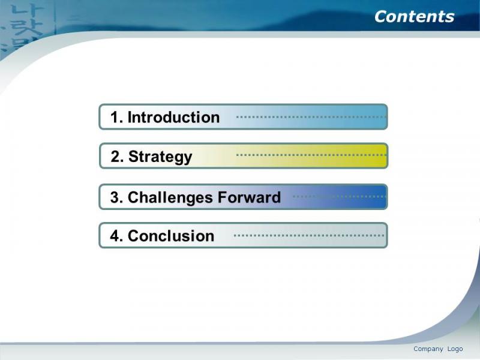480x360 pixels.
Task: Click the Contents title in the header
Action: [x=414, y=17]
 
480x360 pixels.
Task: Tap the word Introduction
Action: [x=173, y=117]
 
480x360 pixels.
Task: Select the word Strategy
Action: [x=160, y=157]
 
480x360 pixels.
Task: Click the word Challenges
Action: [x=170, y=197]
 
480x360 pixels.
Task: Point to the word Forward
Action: [x=249, y=197]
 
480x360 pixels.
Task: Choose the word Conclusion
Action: [x=171, y=236]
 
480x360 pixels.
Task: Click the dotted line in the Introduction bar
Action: [x=311, y=116]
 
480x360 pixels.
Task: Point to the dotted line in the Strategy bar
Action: [x=311, y=155]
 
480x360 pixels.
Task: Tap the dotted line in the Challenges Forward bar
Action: [x=340, y=197]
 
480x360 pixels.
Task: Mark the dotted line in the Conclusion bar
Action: [x=309, y=235]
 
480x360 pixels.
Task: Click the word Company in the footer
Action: [x=428, y=349]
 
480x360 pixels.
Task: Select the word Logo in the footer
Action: [x=455, y=349]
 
